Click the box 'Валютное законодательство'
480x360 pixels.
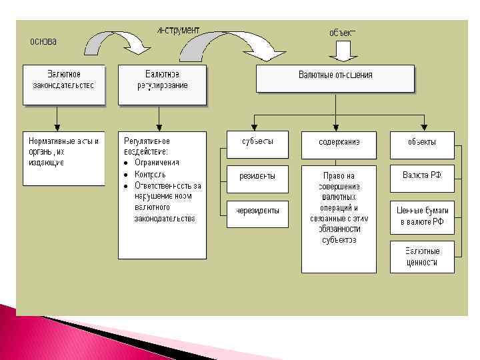coord(64,84)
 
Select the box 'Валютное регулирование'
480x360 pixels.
coord(162,84)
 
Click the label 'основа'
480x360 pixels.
coord(43,41)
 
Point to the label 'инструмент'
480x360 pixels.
coord(178,30)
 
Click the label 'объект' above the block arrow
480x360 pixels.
coord(343,31)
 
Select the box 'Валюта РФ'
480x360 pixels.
coord(422,178)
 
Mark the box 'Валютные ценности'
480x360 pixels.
coord(422,257)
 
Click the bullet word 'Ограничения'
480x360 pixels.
coord(157,162)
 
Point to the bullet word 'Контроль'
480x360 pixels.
coord(150,174)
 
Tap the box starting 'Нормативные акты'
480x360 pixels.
coord(64,157)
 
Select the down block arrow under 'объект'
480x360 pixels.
coord(343,50)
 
